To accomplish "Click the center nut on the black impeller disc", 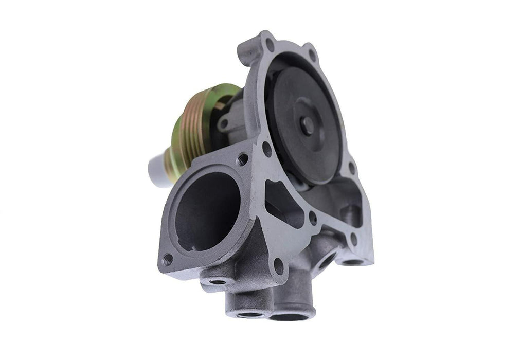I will click(x=307, y=125).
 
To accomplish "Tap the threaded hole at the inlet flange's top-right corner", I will click(x=242, y=159).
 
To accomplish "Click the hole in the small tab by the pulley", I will click(x=223, y=124).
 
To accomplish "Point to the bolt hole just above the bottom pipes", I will click(x=278, y=266).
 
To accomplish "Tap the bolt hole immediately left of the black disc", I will click(x=266, y=149).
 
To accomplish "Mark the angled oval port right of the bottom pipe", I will click(x=327, y=260).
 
